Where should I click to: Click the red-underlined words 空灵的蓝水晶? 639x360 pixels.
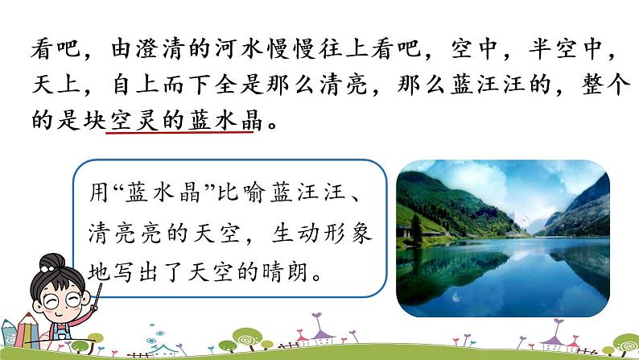point(179,122)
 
